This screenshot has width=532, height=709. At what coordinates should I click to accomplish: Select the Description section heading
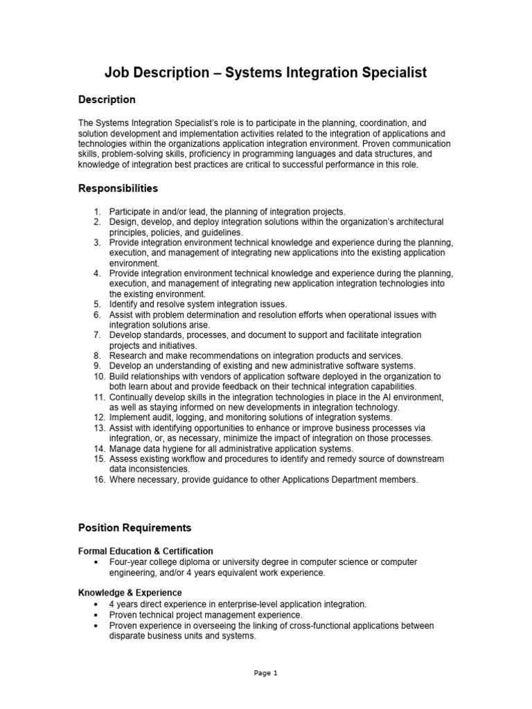click(x=107, y=100)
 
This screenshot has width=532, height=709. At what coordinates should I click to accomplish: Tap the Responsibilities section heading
click(x=118, y=188)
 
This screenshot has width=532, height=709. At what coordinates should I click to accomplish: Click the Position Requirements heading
click(x=134, y=528)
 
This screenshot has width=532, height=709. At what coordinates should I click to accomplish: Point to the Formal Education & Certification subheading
click(x=145, y=551)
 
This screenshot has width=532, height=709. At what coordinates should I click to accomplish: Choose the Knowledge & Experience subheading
click(x=130, y=593)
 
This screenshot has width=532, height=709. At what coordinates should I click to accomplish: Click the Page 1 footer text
click(x=266, y=672)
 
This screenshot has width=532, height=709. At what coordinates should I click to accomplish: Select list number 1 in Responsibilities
click(x=98, y=211)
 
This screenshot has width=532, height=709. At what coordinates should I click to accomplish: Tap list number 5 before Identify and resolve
click(x=98, y=304)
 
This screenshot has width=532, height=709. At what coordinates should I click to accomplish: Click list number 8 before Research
click(x=98, y=355)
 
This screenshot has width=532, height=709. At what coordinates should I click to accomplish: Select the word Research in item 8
click(x=128, y=355)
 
